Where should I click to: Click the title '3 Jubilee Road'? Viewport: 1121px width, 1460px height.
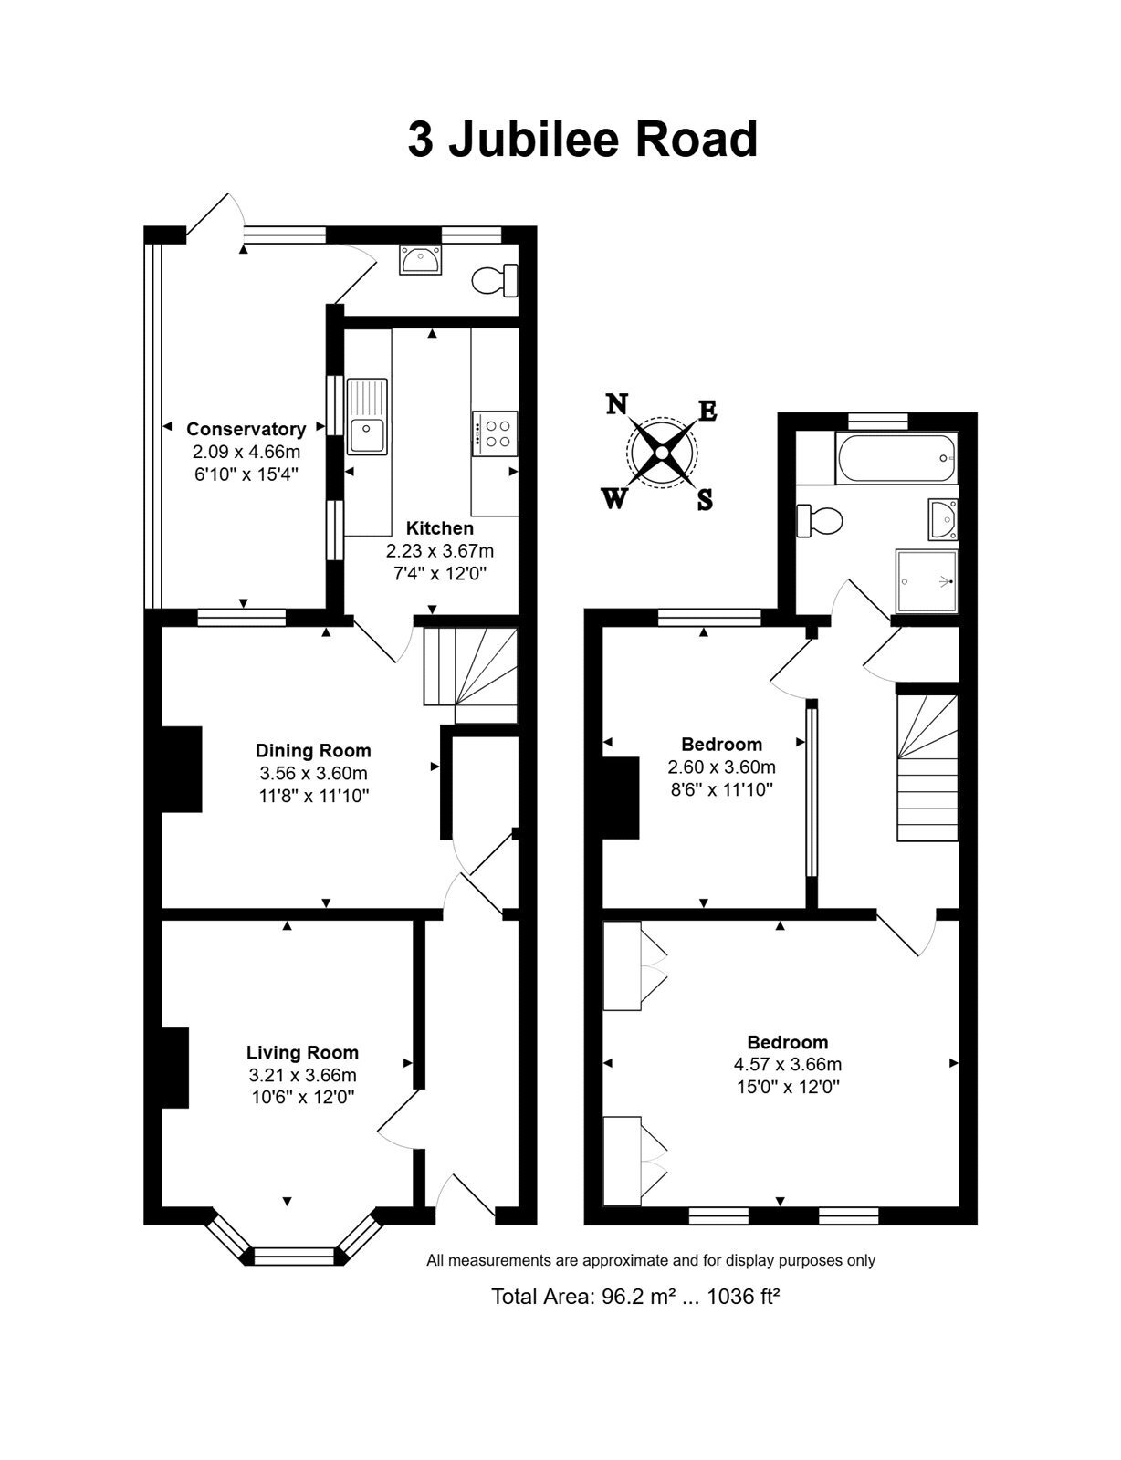click(582, 140)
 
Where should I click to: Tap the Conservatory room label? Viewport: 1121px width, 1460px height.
click(246, 429)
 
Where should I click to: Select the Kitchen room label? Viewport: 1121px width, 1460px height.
click(439, 528)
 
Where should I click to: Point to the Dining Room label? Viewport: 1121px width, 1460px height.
click(312, 750)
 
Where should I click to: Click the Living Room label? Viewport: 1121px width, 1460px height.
click(302, 1052)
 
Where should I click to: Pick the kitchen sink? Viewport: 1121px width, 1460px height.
click(367, 417)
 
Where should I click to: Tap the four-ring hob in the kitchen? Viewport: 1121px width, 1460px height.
click(495, 433)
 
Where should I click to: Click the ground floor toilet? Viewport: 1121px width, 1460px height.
click(496, 280)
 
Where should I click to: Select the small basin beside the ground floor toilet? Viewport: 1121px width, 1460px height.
click(421, 259)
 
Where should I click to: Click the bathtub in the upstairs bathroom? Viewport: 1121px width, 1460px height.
click(896, 458)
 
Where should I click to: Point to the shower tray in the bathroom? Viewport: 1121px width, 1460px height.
click(926, 581)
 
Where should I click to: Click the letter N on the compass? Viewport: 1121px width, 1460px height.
click(617, 404)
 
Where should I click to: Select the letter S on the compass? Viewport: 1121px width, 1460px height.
click(705, 500)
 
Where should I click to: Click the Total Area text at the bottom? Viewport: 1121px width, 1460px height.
click(635, 1296)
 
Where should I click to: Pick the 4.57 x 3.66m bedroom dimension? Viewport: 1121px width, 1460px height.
click(788, 1064)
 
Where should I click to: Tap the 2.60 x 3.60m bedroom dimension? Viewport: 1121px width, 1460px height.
click(721, 766)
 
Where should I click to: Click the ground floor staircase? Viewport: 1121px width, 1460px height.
click(470, 675)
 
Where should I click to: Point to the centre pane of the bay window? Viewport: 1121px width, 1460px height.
click(293, 1256)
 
